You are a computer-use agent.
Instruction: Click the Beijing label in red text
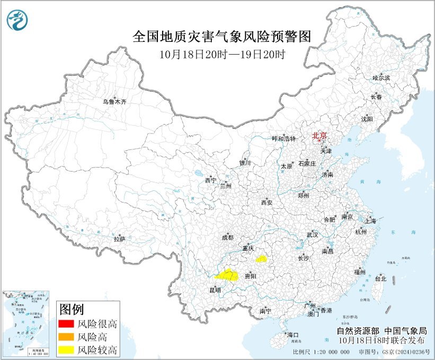[x=319, y=135]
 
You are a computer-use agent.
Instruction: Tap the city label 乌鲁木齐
[x=114, y=101]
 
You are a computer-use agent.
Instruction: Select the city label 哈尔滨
[x=380, y=78]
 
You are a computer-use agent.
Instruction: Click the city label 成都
[x=227, y=238]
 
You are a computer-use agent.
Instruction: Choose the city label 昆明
[x=215, y=290]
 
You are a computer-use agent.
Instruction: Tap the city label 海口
[x=293, y=335]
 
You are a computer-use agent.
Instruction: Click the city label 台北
[x=380, y=278]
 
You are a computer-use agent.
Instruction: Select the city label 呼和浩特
[x=283, y=138]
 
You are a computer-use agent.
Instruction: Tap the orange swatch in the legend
[x=65, y=337]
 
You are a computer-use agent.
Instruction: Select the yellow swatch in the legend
[x=65, y=349]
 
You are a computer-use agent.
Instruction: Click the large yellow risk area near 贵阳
[x=227, y=275]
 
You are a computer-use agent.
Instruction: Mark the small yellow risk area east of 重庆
[x=261, y=259]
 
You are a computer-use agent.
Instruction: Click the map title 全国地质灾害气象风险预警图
[x=221, y=36]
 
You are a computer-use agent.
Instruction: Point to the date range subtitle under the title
[x=223, y=54]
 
